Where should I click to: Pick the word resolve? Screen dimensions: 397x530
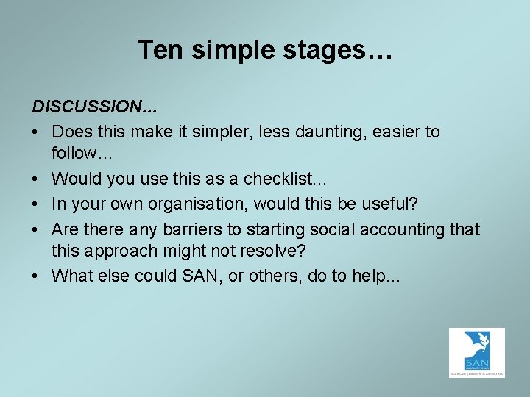click(x=266, y=251)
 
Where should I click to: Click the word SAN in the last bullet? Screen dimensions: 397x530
click(x=208, y=276)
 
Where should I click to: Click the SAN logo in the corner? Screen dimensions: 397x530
click(x=476, y=353)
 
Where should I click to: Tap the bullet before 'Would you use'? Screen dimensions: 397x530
click(x=37, y=178)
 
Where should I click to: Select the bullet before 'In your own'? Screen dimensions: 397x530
click(x=37, y=204)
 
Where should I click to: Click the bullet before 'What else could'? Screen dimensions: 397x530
click(x=37, y=276)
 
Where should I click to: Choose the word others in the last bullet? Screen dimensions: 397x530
click(x=277, y=276)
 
